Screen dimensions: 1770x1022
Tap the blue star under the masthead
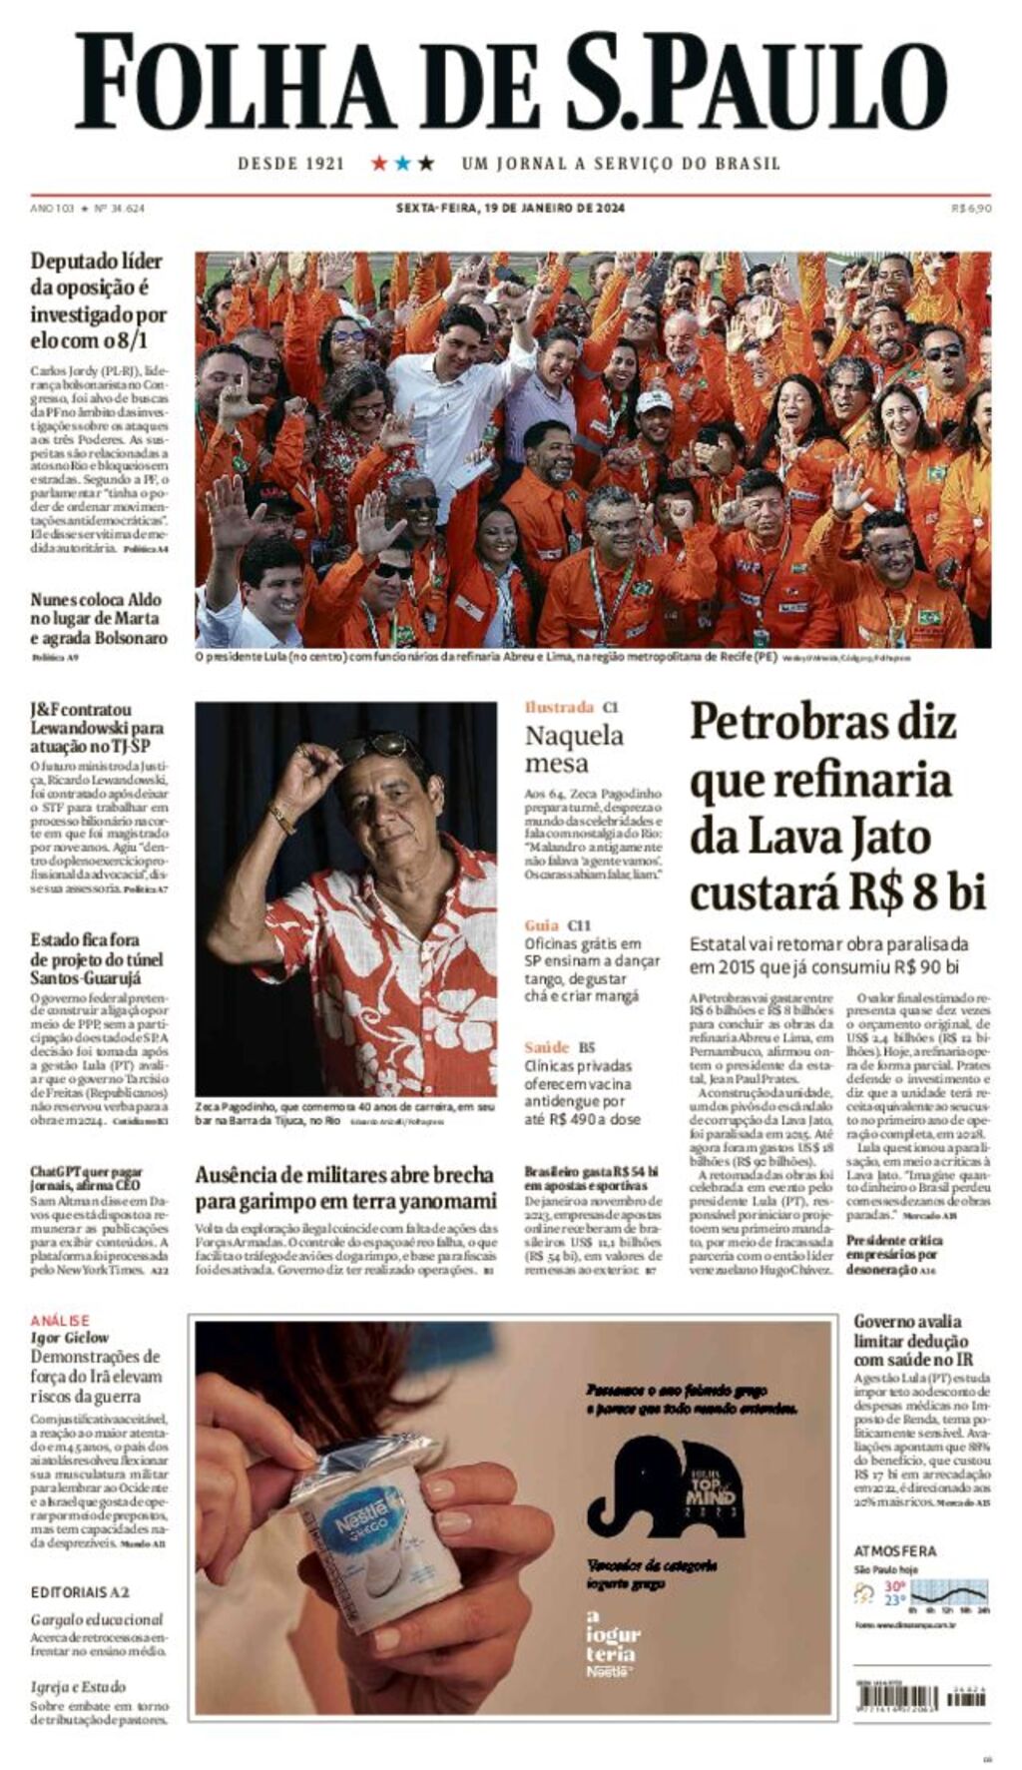click(x=402, y=163)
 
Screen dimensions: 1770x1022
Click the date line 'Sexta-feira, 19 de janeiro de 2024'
click(x=510, y=208)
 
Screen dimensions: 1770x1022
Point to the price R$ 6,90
click(x=970, y=208)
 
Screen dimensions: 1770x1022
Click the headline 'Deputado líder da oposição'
click(x=98, y=300)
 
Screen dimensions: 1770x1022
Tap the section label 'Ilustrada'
click(x=559, y=707)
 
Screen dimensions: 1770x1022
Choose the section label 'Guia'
click(x=542, y=925)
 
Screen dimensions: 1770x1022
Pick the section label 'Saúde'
click(x=547, y=1047)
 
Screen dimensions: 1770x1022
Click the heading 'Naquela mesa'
click(x=574, y=749)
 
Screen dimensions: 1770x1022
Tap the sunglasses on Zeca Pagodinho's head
click(x=370, y=746)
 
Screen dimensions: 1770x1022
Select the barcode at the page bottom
click(x=921, y=1695)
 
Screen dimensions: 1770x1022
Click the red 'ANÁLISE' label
click(x=60, y=1320)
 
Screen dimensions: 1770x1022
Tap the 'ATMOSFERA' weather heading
click(x=895, y=1550)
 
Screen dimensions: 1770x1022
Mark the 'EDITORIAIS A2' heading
click(x=80, y=1591)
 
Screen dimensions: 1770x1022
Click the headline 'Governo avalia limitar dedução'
click(x=912, y=1341)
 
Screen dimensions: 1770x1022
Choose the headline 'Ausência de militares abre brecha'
click(x=344, y=1187)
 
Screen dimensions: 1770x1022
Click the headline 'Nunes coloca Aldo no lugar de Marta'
click(x=98, y=619)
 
